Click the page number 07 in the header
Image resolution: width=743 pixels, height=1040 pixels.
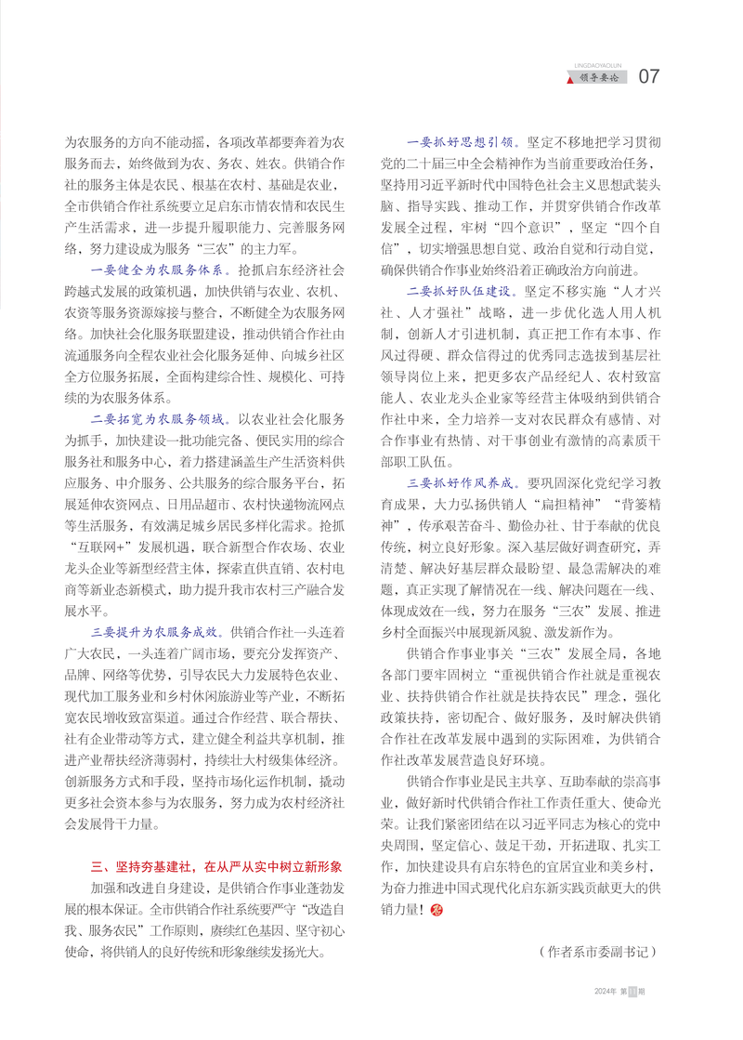pos(650,76)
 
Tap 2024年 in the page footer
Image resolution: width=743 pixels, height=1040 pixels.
pos(606,1018)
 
